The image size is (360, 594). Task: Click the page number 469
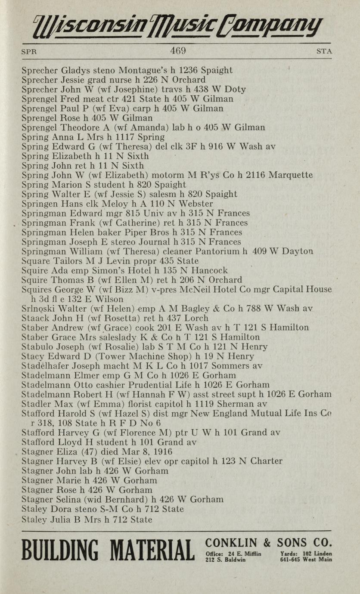point(177,50)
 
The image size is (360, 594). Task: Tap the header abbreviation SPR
point(29,51)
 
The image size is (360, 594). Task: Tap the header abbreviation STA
point(324,51)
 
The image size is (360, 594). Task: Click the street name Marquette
point(291,176)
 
